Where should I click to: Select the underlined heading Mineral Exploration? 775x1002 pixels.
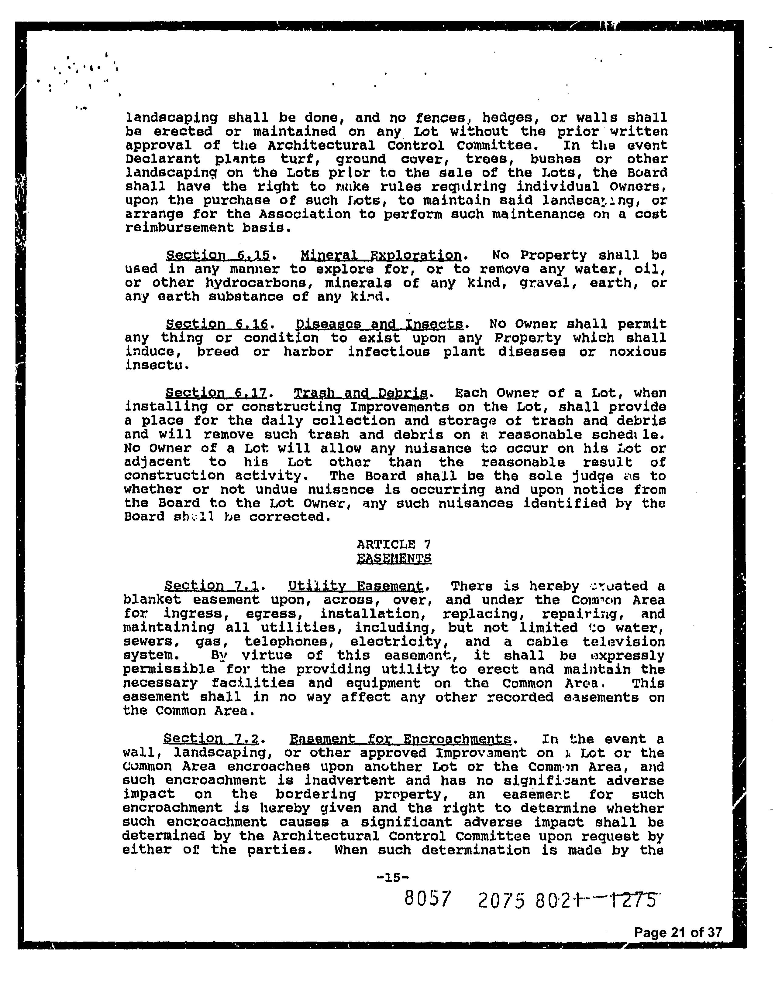tap(381, 255)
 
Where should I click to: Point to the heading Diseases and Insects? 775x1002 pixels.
tap(379, 324)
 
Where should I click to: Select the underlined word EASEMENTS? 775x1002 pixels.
tap(394, 558)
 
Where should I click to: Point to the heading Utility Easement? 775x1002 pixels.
tap(355, 586)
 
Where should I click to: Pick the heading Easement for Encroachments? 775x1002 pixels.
tap(400, 739)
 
